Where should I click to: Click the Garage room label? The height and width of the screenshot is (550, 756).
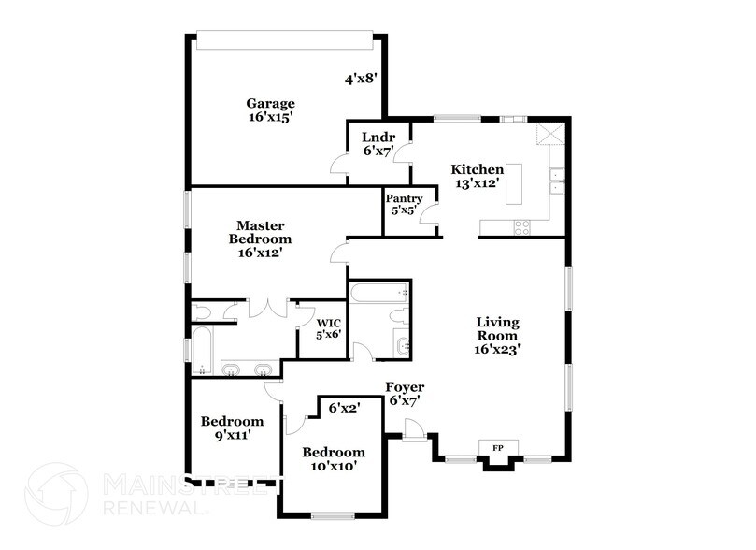tap(271, 110)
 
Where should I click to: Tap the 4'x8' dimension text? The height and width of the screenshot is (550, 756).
tap(360, 80)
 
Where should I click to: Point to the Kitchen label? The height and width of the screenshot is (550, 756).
tap(478, 176)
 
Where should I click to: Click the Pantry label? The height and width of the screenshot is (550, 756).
tap(404, 204)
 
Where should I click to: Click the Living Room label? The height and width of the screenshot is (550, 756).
tap(497, 335)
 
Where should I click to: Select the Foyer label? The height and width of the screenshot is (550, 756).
tap(405, 394)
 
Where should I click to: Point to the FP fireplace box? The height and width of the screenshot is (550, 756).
tap(498, 448)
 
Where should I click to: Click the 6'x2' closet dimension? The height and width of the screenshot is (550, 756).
tap(344, 407)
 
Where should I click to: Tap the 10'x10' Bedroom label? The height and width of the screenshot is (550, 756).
tap(333, 458)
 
